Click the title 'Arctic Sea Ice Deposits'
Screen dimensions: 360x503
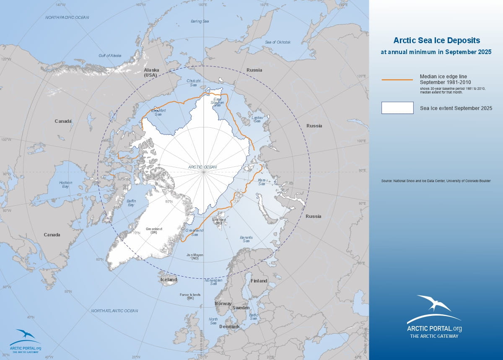[436, 41]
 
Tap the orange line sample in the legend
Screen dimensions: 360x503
[397, 79]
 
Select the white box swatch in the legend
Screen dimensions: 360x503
[397, 108]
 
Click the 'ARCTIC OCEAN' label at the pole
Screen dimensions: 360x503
[202, 167]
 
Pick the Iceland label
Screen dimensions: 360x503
[169, 280]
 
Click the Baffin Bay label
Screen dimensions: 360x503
[131, 203]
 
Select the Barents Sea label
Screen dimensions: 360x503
[246, 239]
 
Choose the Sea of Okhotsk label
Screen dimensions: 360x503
[278, 42]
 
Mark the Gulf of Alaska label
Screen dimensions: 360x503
[110, 55]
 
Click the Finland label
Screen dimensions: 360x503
[259, 281]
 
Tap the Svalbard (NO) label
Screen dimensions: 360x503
[219, 221]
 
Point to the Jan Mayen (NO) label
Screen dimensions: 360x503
[194, 256]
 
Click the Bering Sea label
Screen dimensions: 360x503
[200, 21]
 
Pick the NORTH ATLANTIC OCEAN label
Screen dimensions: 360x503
[114, 311]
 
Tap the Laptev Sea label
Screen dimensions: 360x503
[257, 119]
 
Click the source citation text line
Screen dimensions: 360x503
[436, 181]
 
